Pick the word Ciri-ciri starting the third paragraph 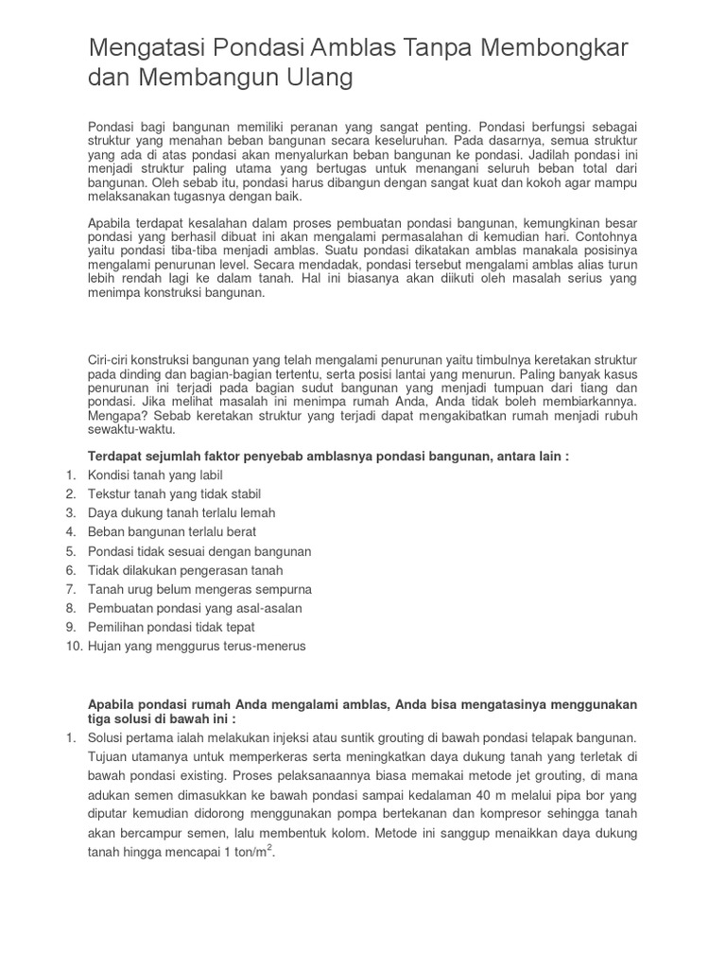(x=112, y=361)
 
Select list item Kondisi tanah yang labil (x=155, y=475)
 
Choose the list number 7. (x=71, y=589)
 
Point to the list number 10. (x=74, y=646)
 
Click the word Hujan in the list (x=105, y=646)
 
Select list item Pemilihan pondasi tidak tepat (x=171, y=627)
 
